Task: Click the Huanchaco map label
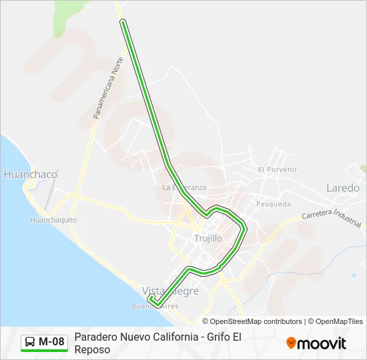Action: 30,175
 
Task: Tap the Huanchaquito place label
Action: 53,219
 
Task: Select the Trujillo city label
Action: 208,238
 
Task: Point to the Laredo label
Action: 343,188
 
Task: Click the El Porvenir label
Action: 277,169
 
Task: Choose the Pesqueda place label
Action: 273,204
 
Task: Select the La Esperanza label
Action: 185,187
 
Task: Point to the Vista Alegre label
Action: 171,291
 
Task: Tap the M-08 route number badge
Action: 51,342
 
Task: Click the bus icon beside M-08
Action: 30,342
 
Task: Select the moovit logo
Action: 316,343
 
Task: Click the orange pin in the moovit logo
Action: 291,343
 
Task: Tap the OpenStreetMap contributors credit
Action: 256,321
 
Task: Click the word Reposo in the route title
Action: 92,349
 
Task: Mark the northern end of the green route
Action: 123,22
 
